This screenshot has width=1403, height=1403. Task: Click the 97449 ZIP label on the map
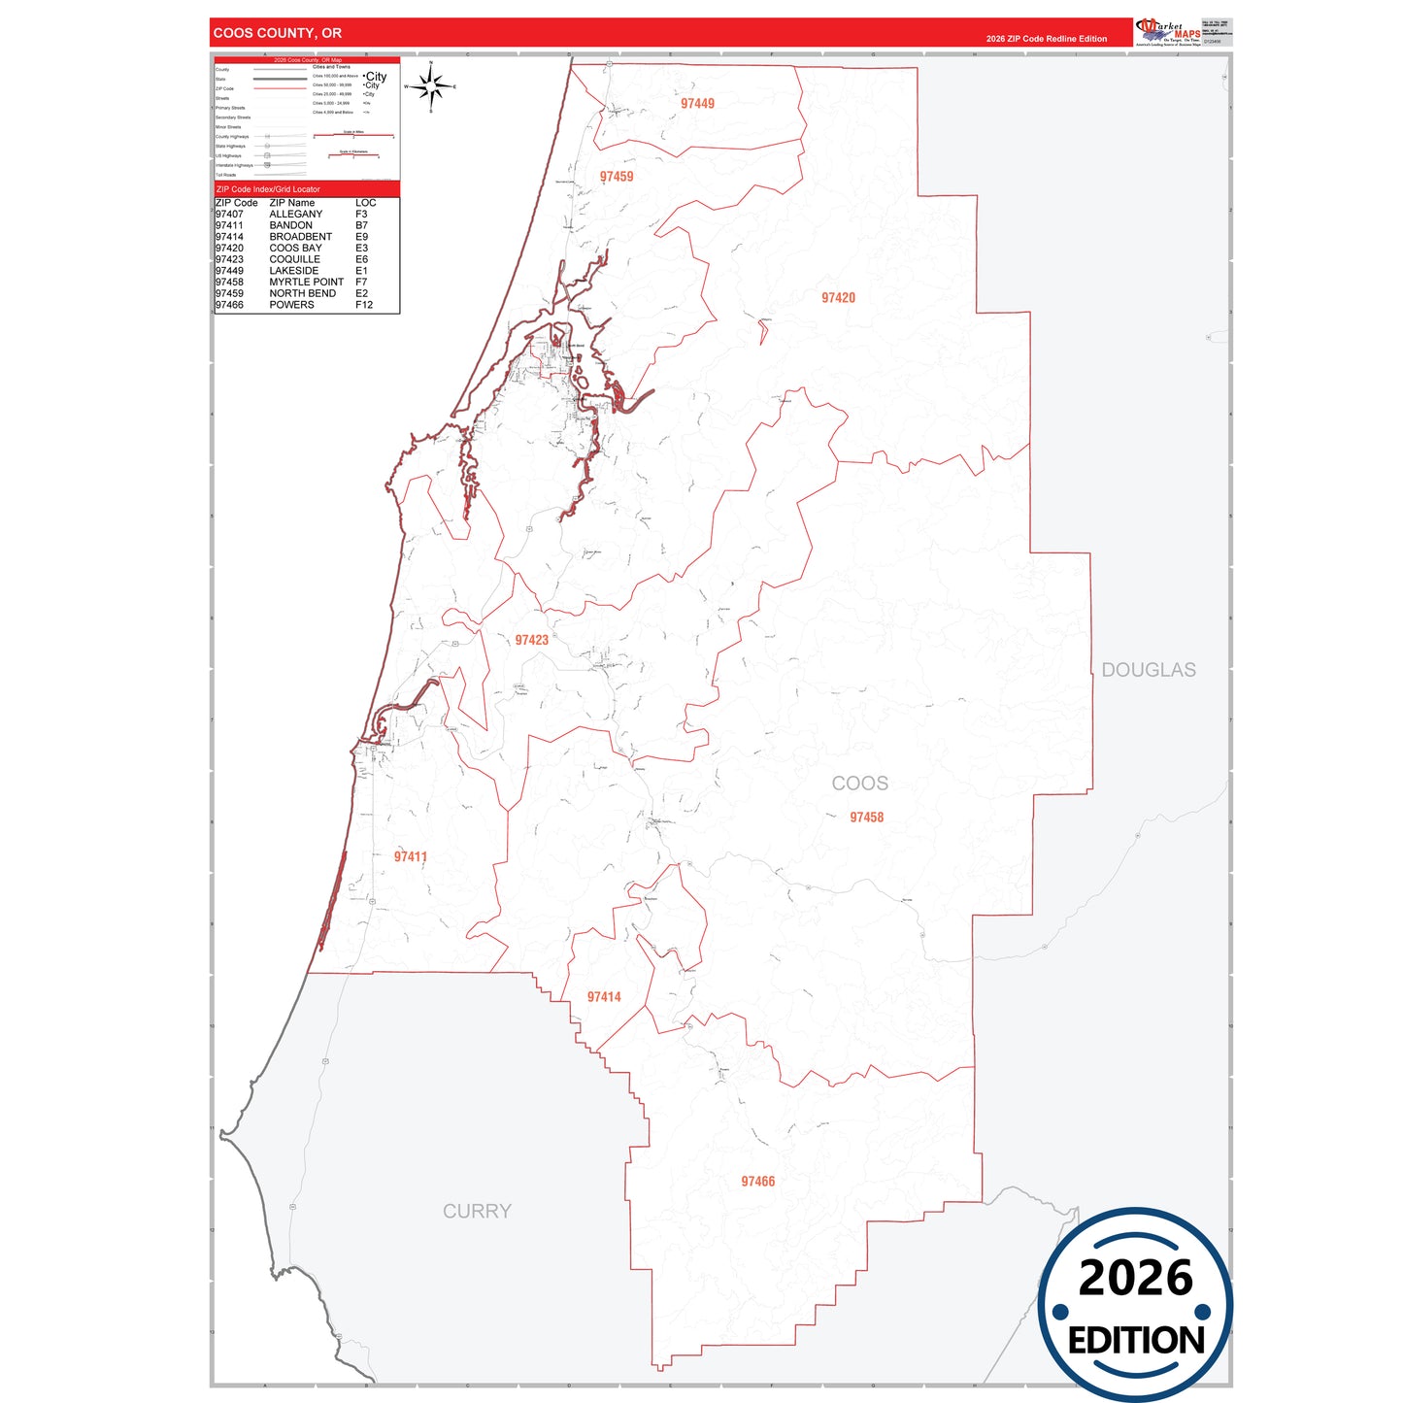(x=697, y=103)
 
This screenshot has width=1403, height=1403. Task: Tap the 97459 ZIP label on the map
(x=617, y=177)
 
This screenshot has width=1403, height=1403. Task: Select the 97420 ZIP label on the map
(x=838, y=298)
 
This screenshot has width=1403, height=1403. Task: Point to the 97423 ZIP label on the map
(x=532, y=640)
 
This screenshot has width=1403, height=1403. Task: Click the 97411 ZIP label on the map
(x=411, y=856)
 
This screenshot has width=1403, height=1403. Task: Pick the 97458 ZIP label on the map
(x=866, y=818)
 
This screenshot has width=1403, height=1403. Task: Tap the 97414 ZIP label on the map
(x=604, y=997)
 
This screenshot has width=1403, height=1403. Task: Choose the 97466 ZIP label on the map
(x=757, y=1182)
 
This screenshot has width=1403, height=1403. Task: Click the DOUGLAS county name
(x=1148, y=670)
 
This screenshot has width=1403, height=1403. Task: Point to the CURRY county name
(x=477, y=1211)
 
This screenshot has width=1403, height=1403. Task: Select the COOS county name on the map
(x=859, y=784)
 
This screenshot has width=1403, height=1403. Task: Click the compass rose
(x=431, y=87)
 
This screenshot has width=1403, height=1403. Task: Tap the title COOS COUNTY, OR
(x=278, y=33)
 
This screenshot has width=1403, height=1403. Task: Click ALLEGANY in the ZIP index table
(x=296, y=214)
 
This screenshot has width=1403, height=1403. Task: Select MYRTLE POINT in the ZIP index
(x=306, y=282)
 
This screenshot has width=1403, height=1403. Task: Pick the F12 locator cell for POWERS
(x=364, y=305)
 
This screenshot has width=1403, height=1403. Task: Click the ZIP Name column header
(x=292, y=203)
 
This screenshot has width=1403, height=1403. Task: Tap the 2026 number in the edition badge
(x=1135, y=1278)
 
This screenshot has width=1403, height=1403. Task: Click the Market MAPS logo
(x=1168, y=32)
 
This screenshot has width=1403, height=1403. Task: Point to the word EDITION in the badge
(x=1136, y=1341)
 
